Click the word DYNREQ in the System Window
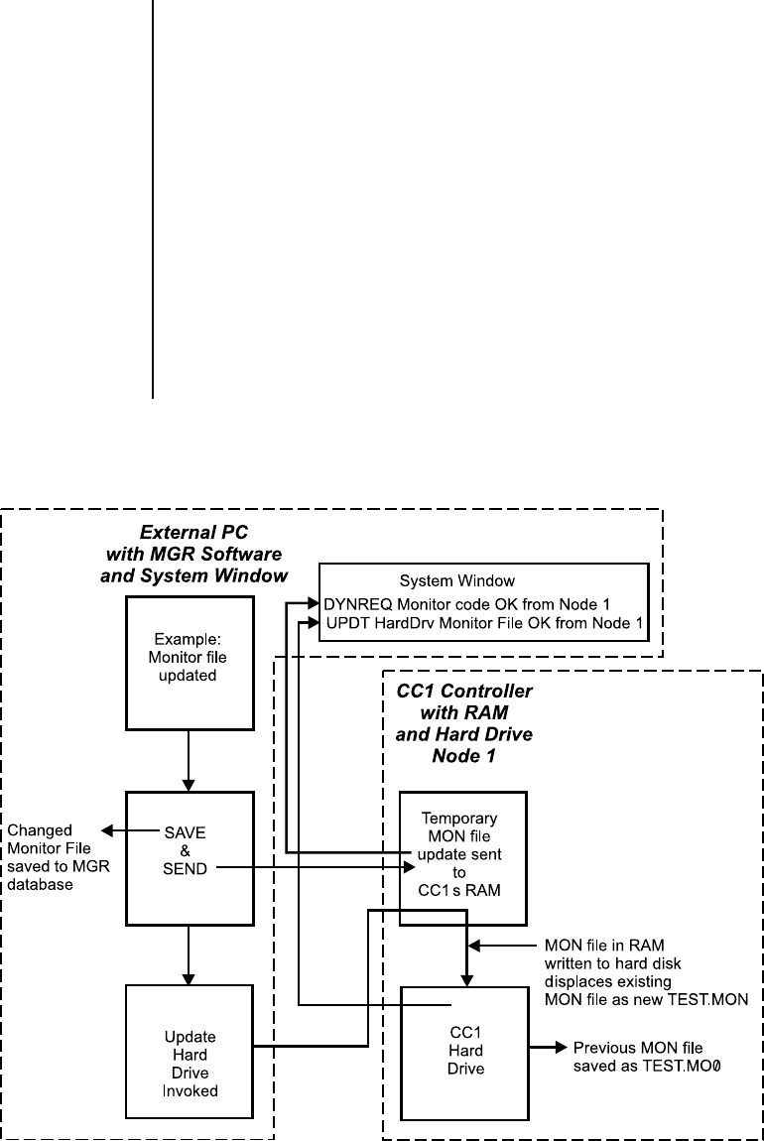click(x=354, y=603)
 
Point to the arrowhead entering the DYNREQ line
click(x=318, y=603)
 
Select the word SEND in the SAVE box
click(x=187, y=869)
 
